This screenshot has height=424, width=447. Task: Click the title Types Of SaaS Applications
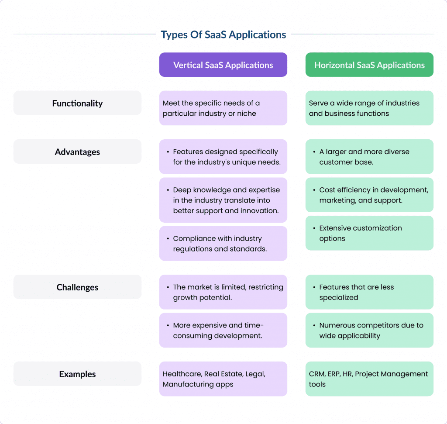click(x=223, y=34)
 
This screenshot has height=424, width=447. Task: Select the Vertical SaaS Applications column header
click(x=223, y=65)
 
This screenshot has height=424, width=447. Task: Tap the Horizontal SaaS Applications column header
click(x=369, y=65)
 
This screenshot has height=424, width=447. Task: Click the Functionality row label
click(x=77, y=103)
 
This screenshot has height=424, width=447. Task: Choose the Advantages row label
click(x=77, y=152)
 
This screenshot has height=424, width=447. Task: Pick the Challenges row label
click(x=77, y=287)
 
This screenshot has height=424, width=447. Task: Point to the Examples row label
click(x=77, y=374)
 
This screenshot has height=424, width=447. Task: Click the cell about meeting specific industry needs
click(x=223, y=108)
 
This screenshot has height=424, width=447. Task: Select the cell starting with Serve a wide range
click(x=369, y=108)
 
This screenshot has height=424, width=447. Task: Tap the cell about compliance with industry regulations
click(x=223, y=244)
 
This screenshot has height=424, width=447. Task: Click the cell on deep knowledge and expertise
click(x=223, y=200)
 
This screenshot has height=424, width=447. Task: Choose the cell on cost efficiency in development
click(x=369, y=195)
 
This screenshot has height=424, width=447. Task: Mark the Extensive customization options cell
click(x=369, y=233)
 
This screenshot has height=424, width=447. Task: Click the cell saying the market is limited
click(x=223, y=292)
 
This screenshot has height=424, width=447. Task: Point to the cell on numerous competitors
click(x=369, y=331)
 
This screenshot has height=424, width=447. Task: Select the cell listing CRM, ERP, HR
click(x=369, y=379)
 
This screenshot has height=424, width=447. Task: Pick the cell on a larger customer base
click(x=369, y=157)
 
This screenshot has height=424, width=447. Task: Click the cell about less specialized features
click(x=369, y=292)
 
